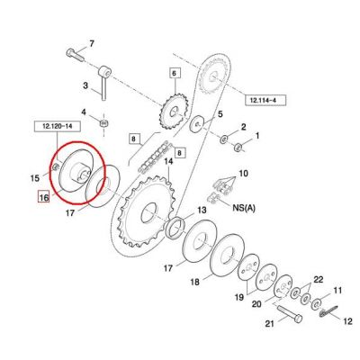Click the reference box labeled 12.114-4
coord(265,100)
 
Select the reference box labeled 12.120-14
coord(58,127)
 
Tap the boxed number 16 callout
coord(43,197)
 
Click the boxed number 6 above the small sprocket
coord(175,73)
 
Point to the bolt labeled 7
coord(75,55)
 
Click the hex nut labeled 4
coord(103,122)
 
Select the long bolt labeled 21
coord(290,313)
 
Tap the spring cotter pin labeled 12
coord(328,311)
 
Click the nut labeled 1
coord(238,148)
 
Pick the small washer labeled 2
coord(224,139)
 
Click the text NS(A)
coord(243,208)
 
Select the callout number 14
coord(168,163)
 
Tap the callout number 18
coord(195,283)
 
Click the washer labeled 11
coord(317,304)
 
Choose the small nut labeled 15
coord(55,167)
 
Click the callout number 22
coord(318,280)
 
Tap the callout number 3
coord(85,86)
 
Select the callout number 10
coord(244,174)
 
